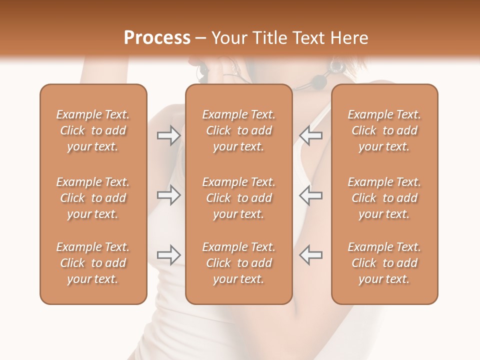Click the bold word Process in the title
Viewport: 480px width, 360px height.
tap(157, 38)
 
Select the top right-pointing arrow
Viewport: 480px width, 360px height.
tap(168, 135)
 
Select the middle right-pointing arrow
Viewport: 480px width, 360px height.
tap(168, 195)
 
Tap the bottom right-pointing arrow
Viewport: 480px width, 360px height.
tap(168, 255)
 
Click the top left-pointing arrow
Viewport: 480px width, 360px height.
tap(311, 135)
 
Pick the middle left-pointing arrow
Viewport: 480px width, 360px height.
tap(311, 195)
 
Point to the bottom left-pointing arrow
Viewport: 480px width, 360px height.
tap(311, 255)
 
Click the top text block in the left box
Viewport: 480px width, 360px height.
tap(93, 130)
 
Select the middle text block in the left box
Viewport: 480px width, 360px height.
tap(93, 198)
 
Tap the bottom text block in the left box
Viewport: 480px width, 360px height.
tap(93, 263)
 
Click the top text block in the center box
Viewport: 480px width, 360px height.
tap(239, 130)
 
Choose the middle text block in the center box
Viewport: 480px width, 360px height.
tap(239, 198)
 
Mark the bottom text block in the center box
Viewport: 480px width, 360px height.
tap(239, 263)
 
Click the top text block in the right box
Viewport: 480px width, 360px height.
tap(384, 130)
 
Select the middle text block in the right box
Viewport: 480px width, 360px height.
tap(384, 198)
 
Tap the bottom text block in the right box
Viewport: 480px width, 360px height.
tap(384, 263)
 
